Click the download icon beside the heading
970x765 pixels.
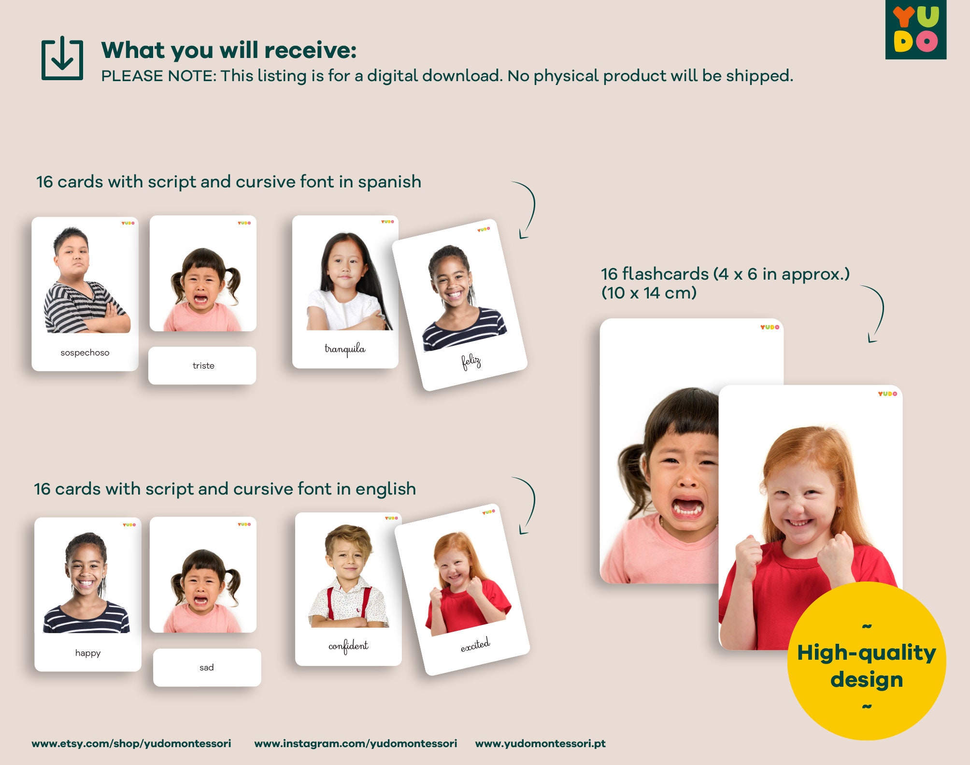coord(62,58)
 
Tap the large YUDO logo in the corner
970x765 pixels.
coord(915,29)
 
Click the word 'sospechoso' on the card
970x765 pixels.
coord(85,353)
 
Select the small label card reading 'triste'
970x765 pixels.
coord(202,366)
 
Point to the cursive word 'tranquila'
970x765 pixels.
coord(345,349)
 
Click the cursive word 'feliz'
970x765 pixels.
coord(471,361)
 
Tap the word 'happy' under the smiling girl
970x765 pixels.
coord(88,653)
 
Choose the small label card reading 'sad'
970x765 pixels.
coord(207,667)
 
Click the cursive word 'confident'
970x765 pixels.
coord(348,646)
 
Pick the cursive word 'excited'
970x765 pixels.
coord(475,645)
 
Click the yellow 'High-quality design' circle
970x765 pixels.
coord(866,662)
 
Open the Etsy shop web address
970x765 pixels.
coord(131,743)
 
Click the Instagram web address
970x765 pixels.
coord(356,743)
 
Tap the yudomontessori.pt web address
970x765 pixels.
coord(540,743)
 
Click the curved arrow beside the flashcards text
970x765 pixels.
coord(875,314)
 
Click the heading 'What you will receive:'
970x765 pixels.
coord(229,50)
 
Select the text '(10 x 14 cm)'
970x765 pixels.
coord(649,293)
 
